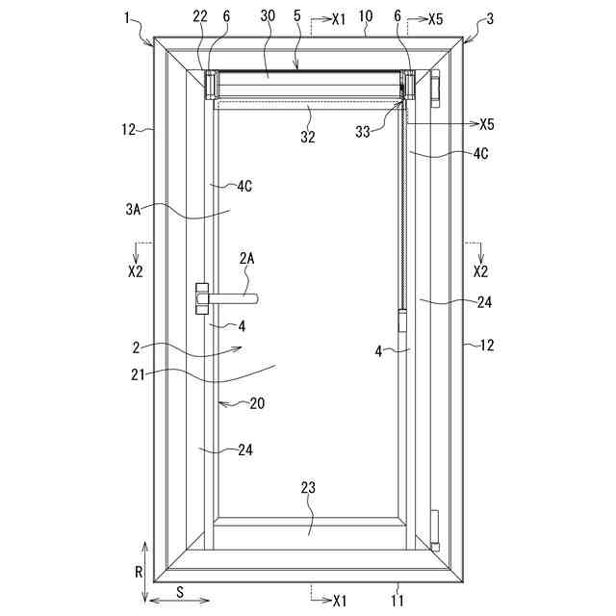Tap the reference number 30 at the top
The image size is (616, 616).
[x=268, y=15]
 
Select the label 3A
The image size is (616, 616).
[x=133, y=210]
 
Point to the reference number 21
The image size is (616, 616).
[x=138, y=374]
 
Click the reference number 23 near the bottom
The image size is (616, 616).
[x=308, y=488]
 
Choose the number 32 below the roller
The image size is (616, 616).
[x=308, y=137]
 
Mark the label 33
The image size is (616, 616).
[x=363, y=131]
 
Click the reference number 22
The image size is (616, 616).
[x=200, y=16]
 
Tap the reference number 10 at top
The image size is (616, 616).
[x=366, y=16]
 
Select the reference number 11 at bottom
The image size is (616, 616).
[x=398, y=601]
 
